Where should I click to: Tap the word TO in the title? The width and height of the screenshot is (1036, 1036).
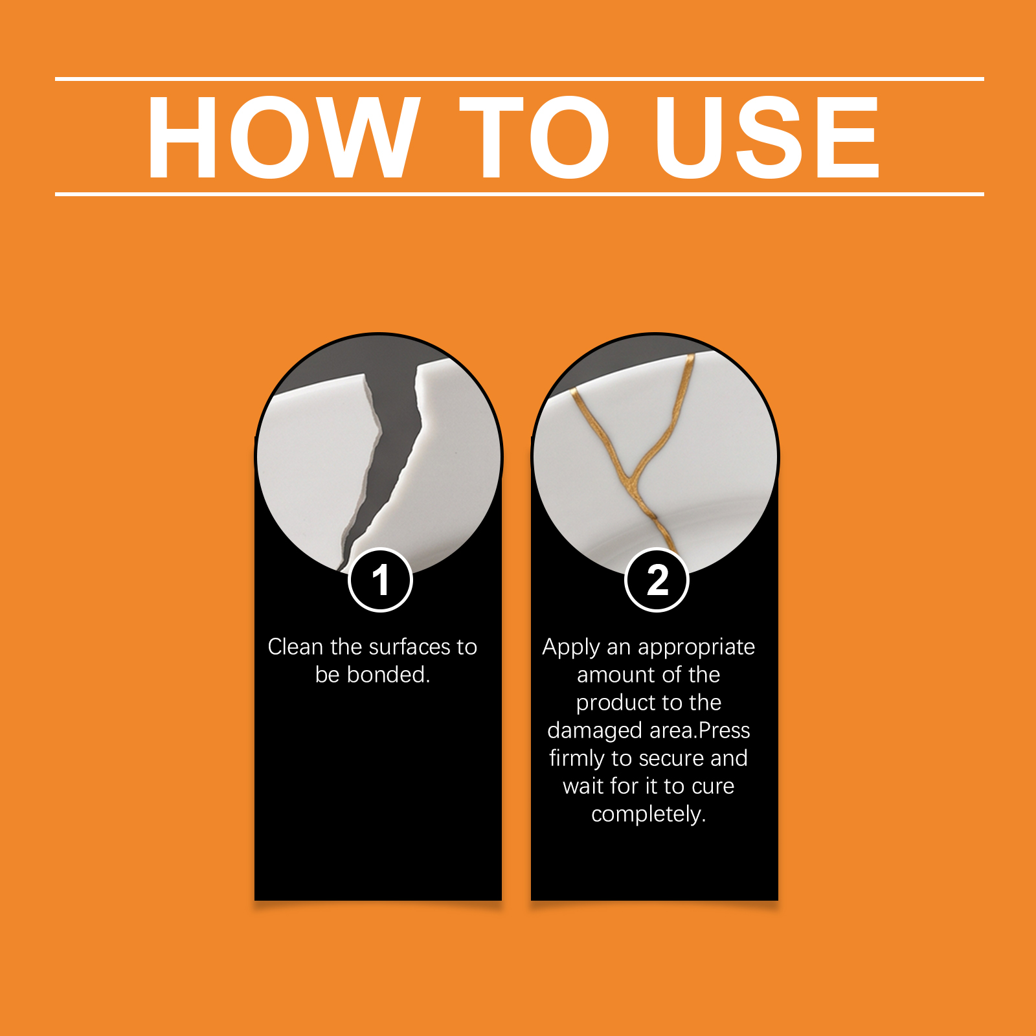point(534,137)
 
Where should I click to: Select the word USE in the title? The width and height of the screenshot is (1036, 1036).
point(767,137)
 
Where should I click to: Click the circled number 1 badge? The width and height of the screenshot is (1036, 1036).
point(380,580)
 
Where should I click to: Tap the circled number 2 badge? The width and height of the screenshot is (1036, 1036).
point(657,580)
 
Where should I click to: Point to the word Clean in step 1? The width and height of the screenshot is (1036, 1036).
point(295,647)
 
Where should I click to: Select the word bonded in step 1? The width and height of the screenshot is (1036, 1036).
point(388,675)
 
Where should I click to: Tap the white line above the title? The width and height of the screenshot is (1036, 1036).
point(519,79)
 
